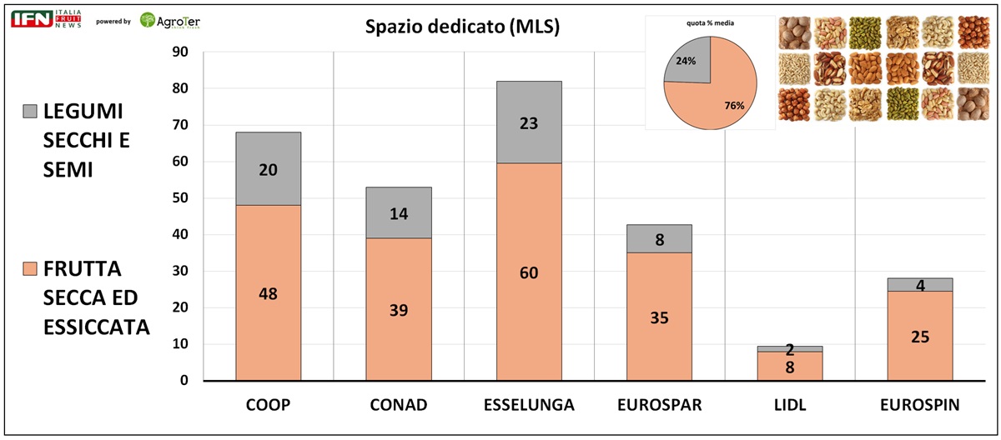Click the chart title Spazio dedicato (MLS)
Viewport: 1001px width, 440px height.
tap(461, 27)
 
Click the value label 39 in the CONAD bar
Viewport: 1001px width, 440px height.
tap(398, 310)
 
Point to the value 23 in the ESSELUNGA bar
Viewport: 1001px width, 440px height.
tap(529, 123)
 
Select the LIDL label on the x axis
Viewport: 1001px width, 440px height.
tap(789, 406)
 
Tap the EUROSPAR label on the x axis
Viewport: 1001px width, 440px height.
tap(659, 406)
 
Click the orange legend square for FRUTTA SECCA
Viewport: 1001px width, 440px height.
tap(30, 270)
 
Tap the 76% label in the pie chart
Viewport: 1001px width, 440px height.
tap(734, 106)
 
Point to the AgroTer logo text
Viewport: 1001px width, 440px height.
tap(179, 20)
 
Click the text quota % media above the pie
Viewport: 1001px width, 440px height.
tap(711, 22)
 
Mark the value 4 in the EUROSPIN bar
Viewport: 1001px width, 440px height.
tap(920, 285)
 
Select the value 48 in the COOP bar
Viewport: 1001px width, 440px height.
tap(268, 293)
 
